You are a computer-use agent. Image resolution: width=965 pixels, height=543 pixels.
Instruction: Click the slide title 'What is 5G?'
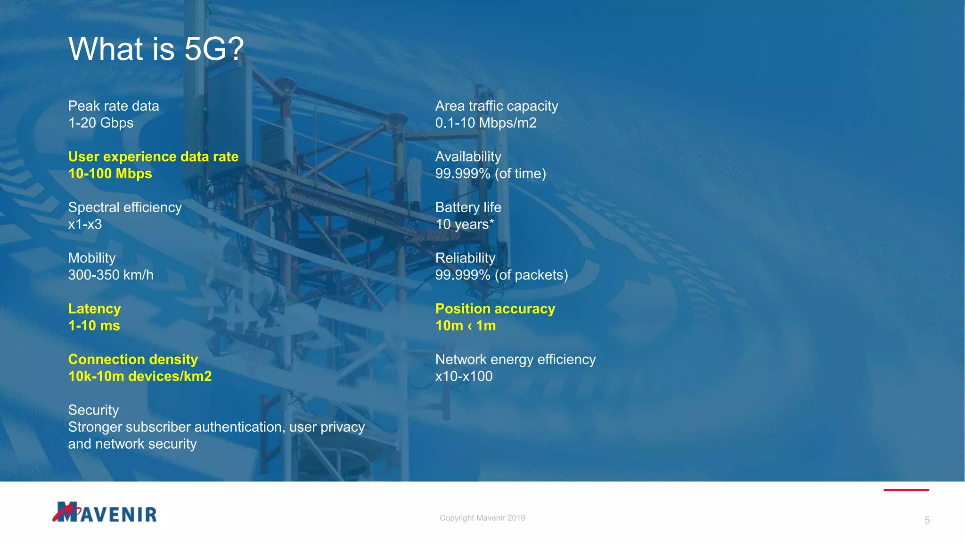[x=156, y=49]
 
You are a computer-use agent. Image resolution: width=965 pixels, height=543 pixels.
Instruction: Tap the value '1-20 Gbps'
[x=101, y=123]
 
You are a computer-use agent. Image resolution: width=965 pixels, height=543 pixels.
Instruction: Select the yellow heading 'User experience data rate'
[x=153, y=156]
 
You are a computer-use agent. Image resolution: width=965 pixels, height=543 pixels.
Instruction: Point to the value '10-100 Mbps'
[x=110, y=173]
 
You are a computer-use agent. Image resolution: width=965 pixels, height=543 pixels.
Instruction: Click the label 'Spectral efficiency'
[x=125, y=207]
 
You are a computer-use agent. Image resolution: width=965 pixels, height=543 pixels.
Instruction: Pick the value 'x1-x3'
[x=85, y=224]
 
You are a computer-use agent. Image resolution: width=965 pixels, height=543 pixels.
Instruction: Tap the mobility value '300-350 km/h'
[x=111, y=275]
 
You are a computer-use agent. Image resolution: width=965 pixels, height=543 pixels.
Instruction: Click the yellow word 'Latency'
[x=94, y=309]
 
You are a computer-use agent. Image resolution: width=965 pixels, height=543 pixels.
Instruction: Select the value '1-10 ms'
[x=94, y=326]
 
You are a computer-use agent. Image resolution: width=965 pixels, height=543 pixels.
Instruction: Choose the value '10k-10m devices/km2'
[x=140, y=376]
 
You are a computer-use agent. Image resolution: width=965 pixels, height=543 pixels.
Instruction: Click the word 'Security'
[x=93, y=410]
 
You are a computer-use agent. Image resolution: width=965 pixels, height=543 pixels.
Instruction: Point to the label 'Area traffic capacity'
[x=497, y=106]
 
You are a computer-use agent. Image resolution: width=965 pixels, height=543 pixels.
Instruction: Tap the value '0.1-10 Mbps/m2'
[x=486, y=123]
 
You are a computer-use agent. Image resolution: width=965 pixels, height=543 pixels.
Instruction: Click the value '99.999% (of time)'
[x=491, y=173]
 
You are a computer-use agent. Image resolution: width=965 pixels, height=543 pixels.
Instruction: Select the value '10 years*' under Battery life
[x=465, y=224]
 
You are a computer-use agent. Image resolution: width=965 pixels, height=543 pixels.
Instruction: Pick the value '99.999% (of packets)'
[x=501, y=275]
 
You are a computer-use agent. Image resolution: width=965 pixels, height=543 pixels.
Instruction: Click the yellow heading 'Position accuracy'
[x=495, y=309]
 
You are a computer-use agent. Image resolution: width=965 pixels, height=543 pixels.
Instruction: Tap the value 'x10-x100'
[x=464, y=376]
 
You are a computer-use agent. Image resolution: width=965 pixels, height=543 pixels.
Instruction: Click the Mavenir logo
[x=105, y=512]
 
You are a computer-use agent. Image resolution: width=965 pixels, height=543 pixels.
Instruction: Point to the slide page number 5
[x=927, y=520]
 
